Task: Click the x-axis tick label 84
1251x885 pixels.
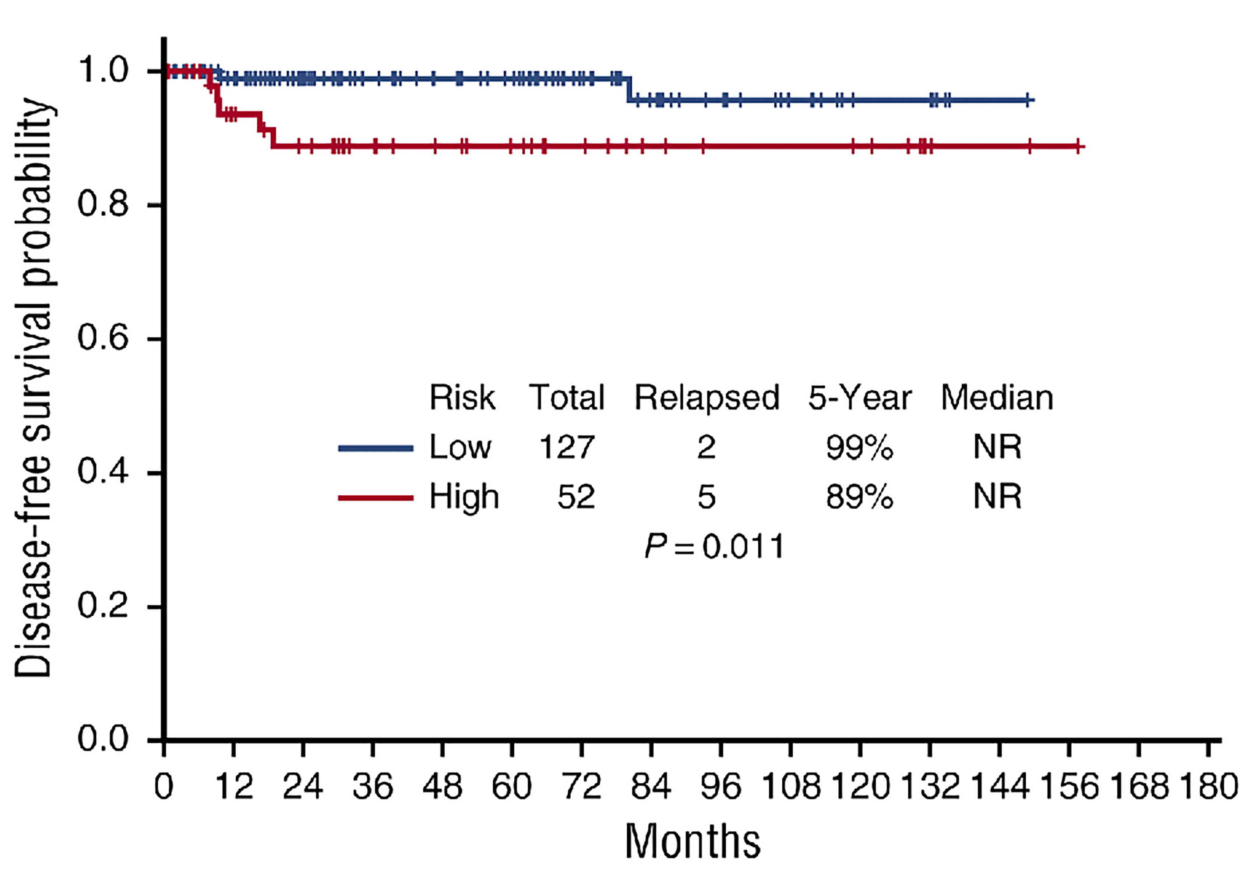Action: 651,786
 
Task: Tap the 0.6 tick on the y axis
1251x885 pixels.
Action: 103,338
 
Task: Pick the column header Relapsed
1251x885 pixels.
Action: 706,398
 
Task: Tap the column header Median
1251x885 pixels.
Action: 997,398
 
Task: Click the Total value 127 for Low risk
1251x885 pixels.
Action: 566,447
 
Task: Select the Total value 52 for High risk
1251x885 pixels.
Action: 576,497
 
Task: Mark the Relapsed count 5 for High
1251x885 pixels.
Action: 706,497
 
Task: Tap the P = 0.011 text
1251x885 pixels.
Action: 714,546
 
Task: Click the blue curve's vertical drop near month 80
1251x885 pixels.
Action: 629,90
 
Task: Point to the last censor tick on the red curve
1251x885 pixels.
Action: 1078,146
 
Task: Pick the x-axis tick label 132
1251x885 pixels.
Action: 929,786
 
